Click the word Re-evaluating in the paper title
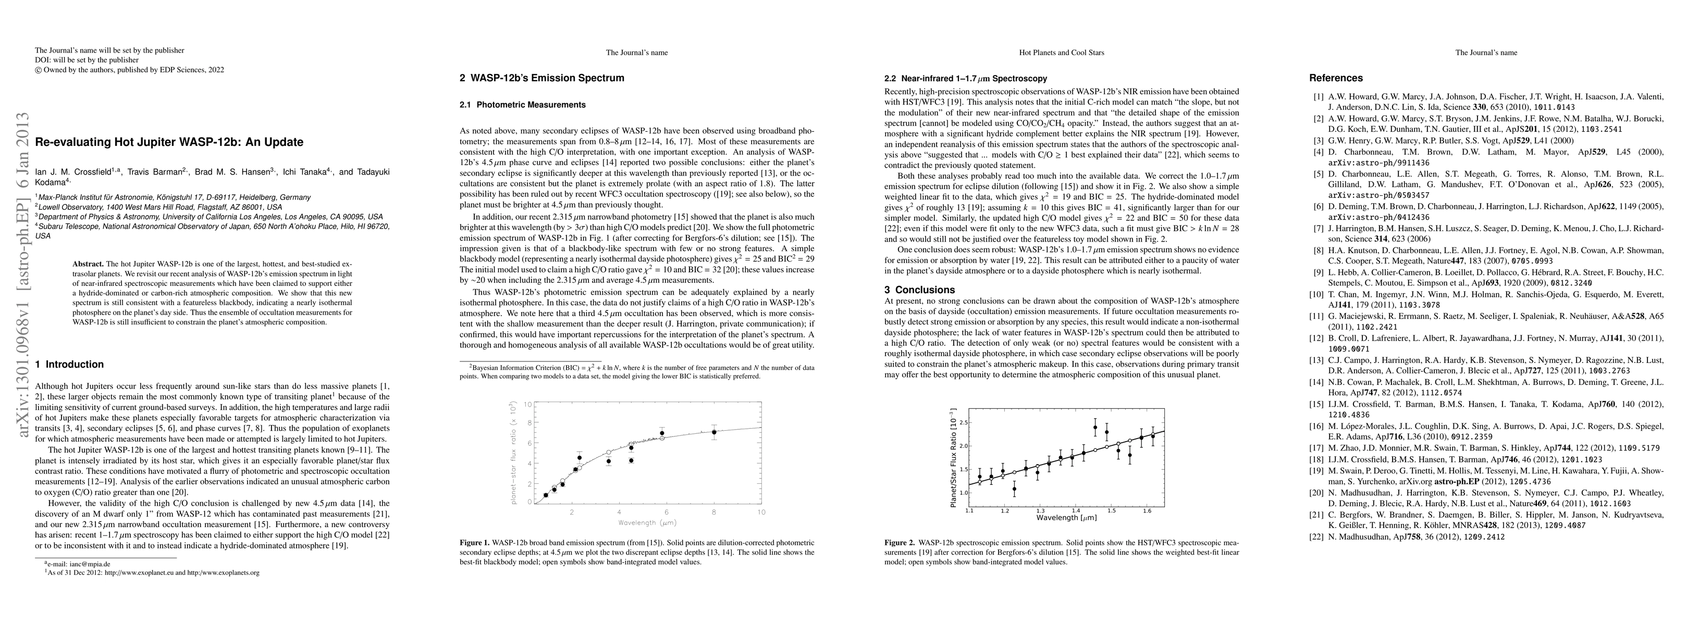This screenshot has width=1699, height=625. coord(70,142)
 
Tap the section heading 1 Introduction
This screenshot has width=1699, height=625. coord(69,364)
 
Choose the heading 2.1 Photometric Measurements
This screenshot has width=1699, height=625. coord(522,105)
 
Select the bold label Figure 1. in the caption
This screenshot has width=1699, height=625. coord(475,543)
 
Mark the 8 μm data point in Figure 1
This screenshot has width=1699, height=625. coord(713,432)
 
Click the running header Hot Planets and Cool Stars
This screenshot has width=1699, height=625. coord(1061,53)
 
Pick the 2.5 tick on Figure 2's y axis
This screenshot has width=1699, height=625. coord(964,422)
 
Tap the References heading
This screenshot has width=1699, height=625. coord(1336,78)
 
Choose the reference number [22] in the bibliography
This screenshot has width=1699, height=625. coord(1316,536)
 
